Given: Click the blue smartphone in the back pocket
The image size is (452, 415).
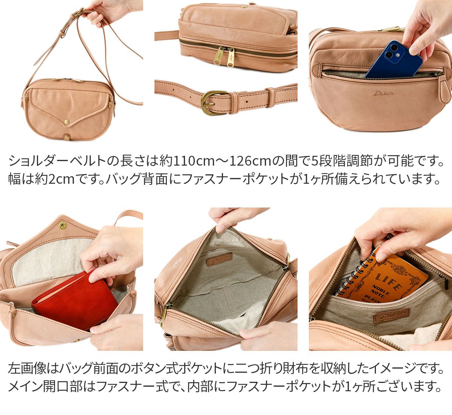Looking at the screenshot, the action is tap(393, 60).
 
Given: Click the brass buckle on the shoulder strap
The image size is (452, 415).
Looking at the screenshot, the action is tap(212, 103).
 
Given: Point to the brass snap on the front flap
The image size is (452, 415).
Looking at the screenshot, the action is tap(67, 122).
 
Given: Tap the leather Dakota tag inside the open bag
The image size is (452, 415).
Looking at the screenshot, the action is tap(219, 259).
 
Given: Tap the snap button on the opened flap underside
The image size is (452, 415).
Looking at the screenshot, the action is tap(62, 226).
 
